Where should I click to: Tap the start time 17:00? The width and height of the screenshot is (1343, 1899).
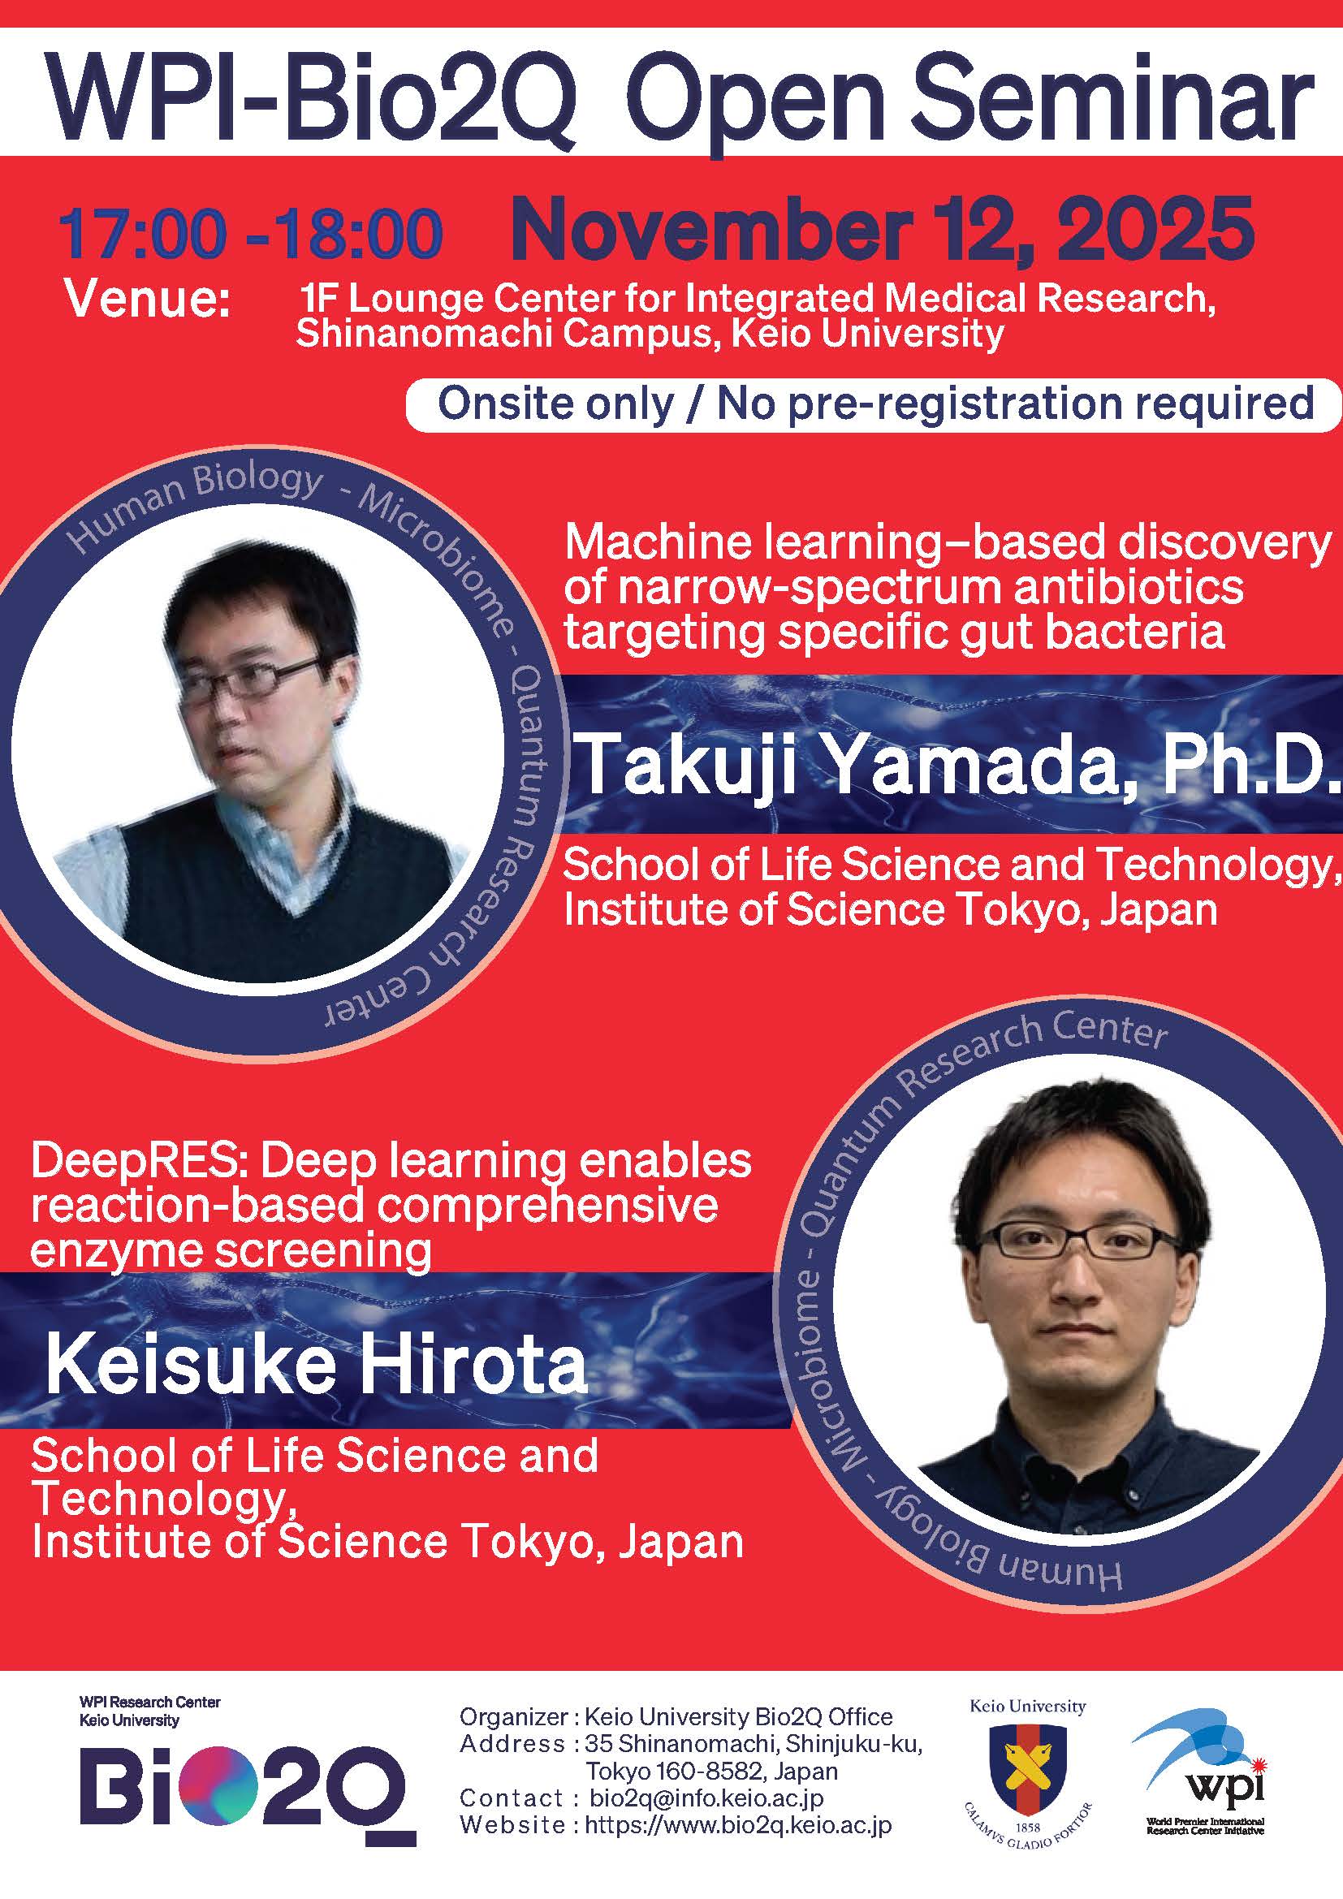coord(142,233)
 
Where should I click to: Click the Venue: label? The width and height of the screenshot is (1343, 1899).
coord(148,299)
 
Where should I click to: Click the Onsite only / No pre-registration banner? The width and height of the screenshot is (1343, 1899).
coord(874,404)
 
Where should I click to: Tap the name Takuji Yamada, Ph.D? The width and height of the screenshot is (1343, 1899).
coord(957,765)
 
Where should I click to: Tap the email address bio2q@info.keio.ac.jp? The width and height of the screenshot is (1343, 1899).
coord(707,1798)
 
